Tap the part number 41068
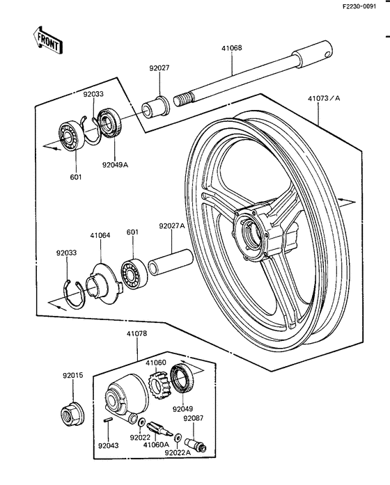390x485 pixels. click(232, 49)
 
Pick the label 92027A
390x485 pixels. click(171, 225)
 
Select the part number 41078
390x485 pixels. click(136, 334)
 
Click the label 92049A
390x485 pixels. click(116, 166)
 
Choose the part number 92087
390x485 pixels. click(193, 419)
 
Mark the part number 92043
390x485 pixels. click(107, 445)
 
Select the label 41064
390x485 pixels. click(100, 235)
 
